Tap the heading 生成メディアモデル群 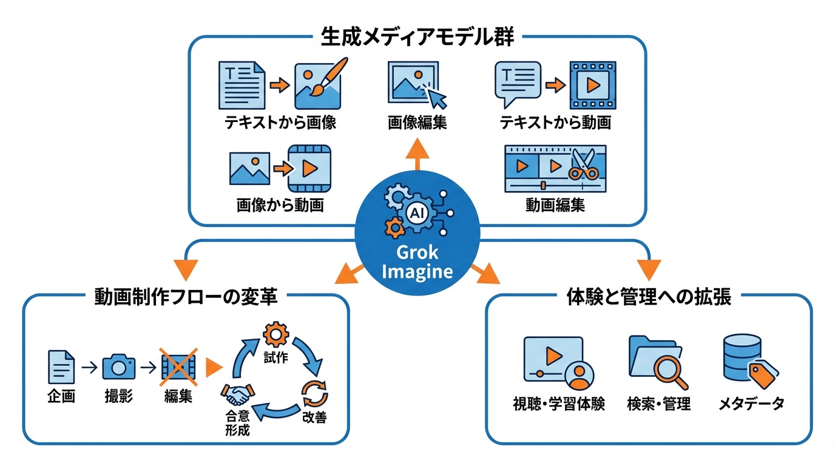click(x=417, y=38)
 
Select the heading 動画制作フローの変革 click(x=186, y=297)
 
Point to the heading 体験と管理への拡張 click(x=649, y=297)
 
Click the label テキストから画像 click(x=280, y=123)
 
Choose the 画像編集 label click(x=417, y=123)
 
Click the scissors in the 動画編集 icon click(x=583, y=165)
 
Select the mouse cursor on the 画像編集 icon click(x=436, y=96)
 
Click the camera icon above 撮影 click(x=118, y=366)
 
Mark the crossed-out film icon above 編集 click(x=178, y=366)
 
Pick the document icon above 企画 click(x=61, y=366)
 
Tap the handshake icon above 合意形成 click(x=237, y=395)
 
